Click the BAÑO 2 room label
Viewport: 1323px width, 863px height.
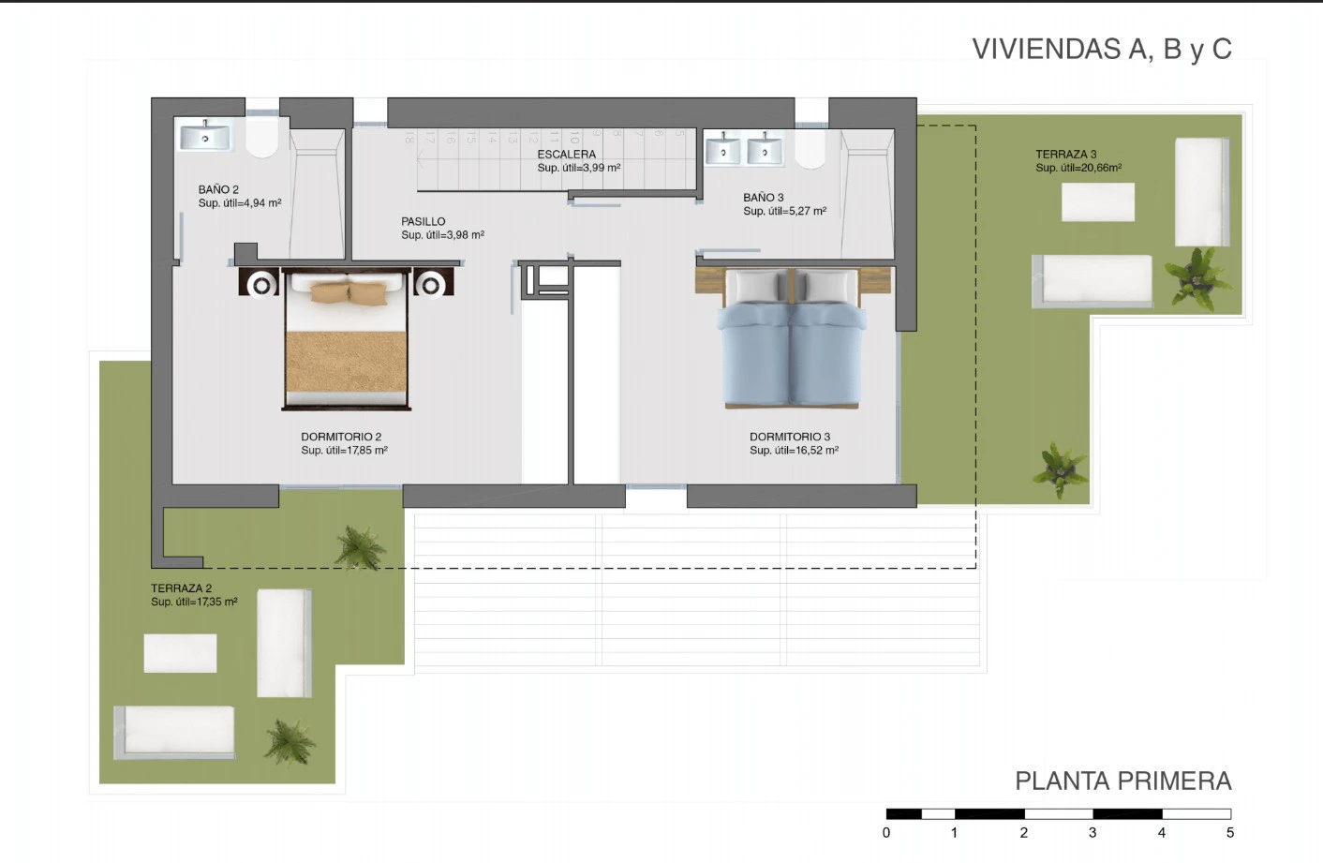[x=218, y=189]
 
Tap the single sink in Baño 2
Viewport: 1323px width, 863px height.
[x=205, y=137]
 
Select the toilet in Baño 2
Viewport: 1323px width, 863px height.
[x=262, y=139]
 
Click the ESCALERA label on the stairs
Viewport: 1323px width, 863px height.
[x=567, y=155]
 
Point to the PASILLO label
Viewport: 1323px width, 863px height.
[x=424, y=221]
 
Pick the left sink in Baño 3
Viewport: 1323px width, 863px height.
[x=723, y=148]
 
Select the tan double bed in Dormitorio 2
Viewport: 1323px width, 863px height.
[x=346, y=339]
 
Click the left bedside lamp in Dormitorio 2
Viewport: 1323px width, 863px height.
[x=261, y=285]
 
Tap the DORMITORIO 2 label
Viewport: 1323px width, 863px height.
[x=341, y=437]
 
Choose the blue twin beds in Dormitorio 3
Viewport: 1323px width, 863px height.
[x=792, y=338]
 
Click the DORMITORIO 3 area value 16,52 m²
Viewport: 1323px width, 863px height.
[x=817, y=450]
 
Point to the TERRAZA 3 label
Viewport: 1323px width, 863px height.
[x=1066, y=155]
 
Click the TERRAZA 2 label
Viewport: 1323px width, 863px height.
[x=182, y=588]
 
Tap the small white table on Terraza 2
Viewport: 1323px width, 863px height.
[x=180, y=653]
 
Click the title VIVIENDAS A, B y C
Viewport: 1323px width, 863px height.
[x=1102, y=49]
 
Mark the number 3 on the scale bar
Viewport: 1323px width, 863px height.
[x=1093, y=833]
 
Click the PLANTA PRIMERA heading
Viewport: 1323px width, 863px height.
[x=1123, y=781]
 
